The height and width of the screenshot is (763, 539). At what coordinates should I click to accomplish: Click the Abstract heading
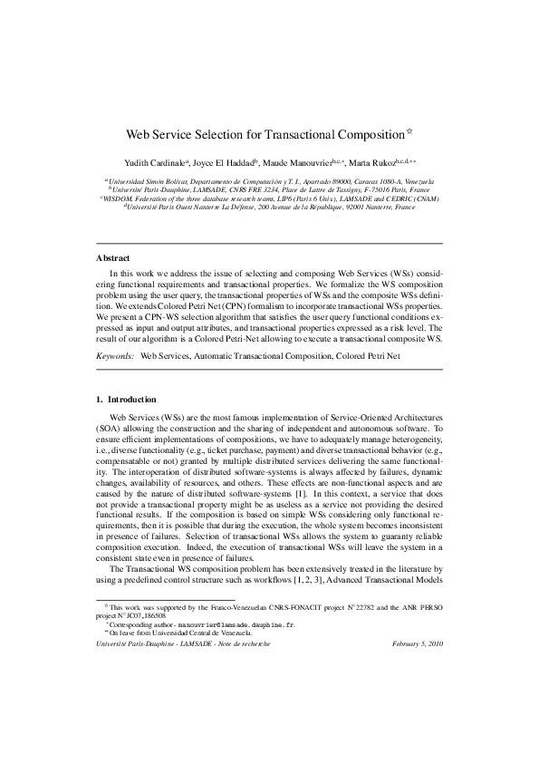(x=113, y=257)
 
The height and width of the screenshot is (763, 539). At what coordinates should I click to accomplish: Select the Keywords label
(x=115, y=357)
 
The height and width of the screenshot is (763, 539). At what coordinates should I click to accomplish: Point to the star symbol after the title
(x=409, y=130)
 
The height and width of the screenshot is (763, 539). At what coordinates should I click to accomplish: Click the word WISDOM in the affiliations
(x=120, y=198)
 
